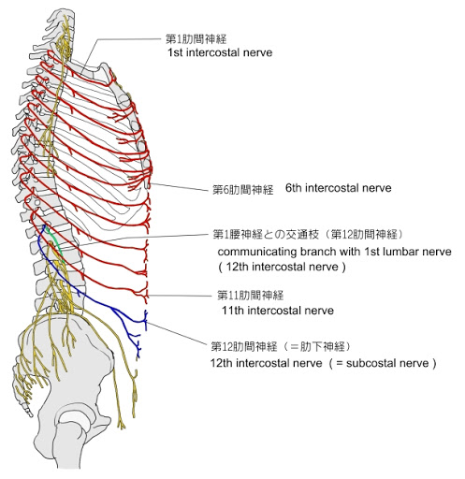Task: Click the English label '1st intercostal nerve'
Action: [220, 52]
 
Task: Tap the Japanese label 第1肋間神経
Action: [196, 39]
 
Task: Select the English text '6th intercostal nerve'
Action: [338, 188]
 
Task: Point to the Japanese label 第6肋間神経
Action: [242, 189]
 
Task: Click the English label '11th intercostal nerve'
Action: [278, 311]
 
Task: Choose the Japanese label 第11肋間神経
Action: [250, 295]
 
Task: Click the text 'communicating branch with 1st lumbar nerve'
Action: [334, 252]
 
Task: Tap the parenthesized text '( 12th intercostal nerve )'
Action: [282, 267]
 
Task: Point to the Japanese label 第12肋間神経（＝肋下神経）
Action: [281, 346]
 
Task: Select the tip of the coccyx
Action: [30, 415]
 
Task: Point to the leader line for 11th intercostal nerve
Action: [181, 296]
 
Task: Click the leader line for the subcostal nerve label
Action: [178, 334]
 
